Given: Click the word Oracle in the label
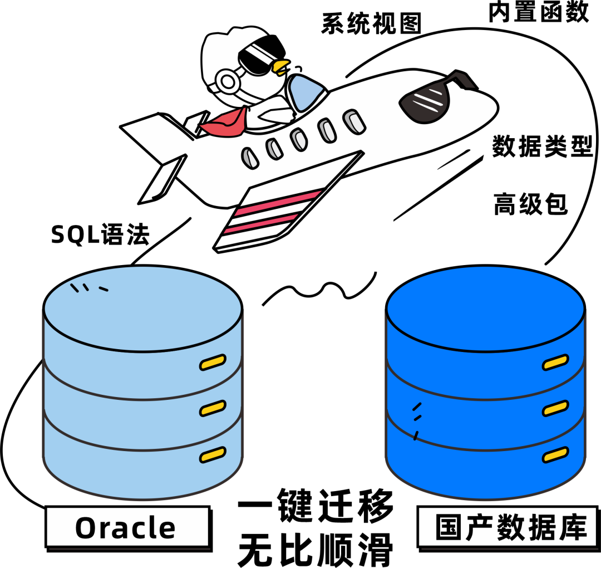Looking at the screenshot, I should coord(125,528).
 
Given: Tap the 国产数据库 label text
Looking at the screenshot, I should coord(511,528).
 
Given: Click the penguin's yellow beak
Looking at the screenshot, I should coord(282,67).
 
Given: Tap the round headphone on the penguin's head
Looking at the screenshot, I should coord(228,82).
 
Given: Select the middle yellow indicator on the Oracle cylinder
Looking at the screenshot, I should coord(213,408).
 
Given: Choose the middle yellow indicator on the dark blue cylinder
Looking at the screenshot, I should coord(555,408).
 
